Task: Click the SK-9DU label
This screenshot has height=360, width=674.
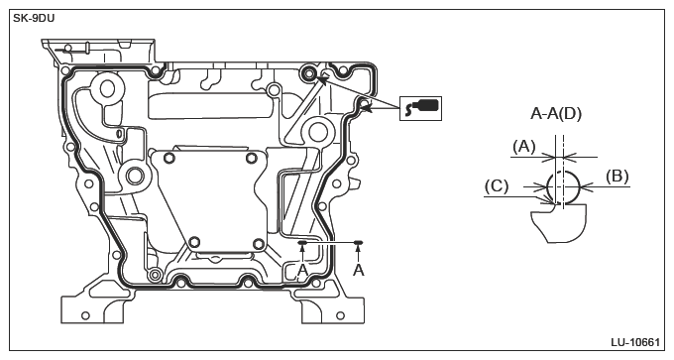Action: point(34,19)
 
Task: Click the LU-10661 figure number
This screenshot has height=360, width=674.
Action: point(635,342)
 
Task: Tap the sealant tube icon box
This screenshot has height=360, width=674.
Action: point(420,108)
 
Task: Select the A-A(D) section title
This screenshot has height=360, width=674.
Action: point(556,113)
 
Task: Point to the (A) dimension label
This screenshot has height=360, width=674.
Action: point(524,147)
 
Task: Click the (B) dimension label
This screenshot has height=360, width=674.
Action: point(618,177)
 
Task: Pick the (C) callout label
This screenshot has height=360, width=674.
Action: point(497,186)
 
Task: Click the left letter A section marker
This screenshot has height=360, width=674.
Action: point(302,270)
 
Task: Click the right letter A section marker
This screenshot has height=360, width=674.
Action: point(359,270)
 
